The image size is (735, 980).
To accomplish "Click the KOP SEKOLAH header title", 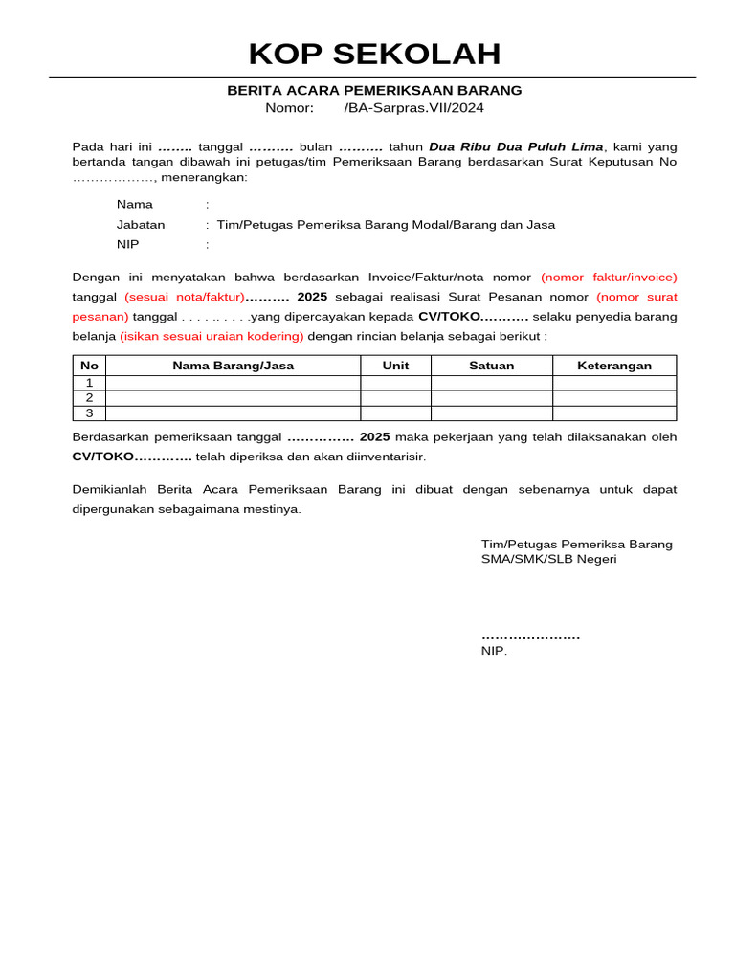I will (374, 54).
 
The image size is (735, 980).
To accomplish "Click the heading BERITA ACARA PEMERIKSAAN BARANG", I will (374, 91).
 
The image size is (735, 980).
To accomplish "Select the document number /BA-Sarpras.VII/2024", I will (413, 108).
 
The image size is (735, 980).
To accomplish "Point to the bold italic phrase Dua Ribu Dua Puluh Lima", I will (516, 146).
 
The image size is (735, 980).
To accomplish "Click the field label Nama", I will (135, 204).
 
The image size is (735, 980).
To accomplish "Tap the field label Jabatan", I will (141, 225).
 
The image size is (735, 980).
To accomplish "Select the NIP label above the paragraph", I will (127, 244).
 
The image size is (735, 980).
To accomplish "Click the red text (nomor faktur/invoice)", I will (609, 277).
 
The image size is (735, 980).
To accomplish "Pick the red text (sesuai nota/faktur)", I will (185, 297).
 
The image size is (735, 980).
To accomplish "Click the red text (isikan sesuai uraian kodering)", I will (212, 336).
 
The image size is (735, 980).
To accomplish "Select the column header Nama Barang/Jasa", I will (233, 366).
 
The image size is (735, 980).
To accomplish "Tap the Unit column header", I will (395, 366).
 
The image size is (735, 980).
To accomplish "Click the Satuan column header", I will (491, 366).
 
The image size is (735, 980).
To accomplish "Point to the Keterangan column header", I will (614, 366).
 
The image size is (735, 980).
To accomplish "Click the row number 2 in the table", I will (89, 398).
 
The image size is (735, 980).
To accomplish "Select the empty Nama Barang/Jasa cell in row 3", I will (233, 413).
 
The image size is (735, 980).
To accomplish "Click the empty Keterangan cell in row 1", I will (614, 383).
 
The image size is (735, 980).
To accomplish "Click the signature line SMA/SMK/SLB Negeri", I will (548, 559).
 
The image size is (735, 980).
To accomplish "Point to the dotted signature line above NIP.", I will (530, 636).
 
